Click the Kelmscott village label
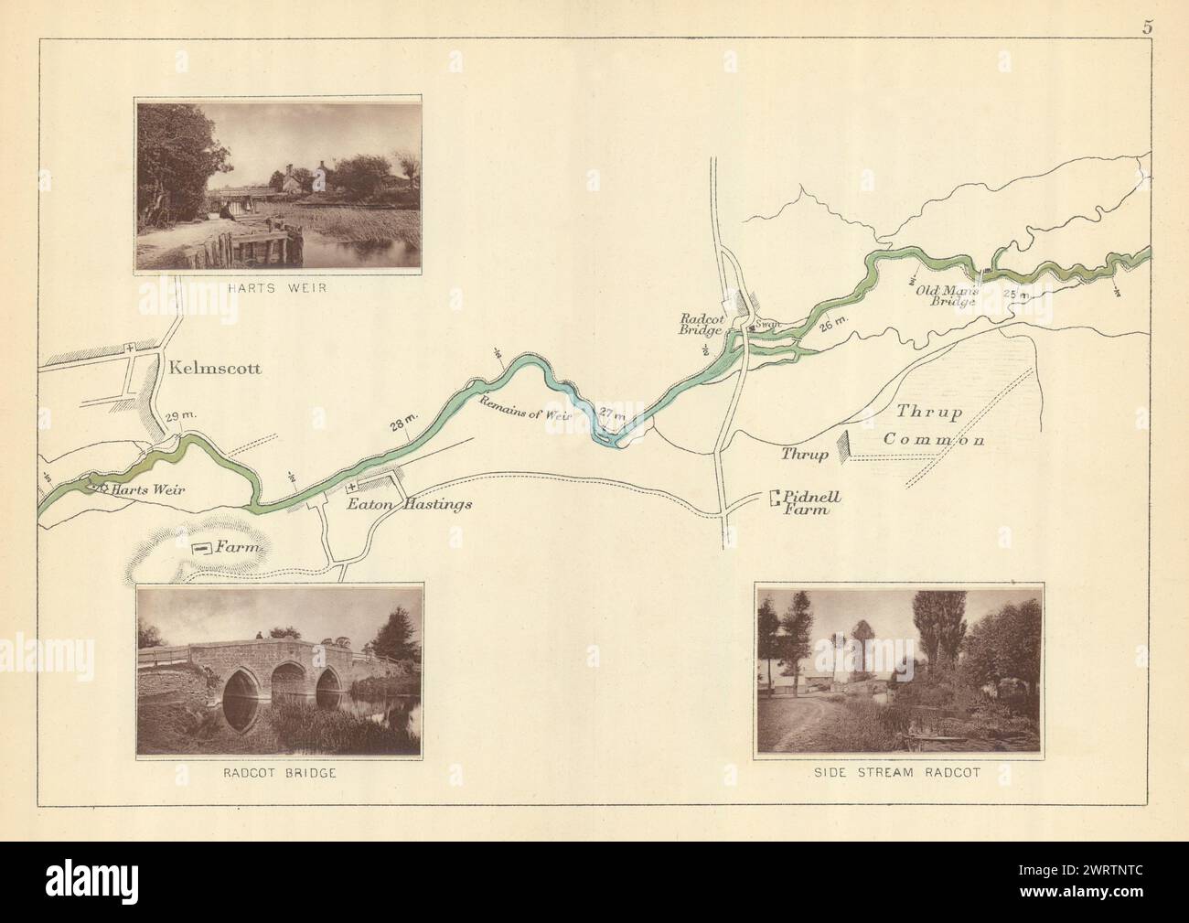click(215, 370)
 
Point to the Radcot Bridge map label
click(702, 324)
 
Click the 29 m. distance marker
click(181, 416)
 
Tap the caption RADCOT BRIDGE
click(280, 773)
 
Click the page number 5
click(1146, 26)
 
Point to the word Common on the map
click(933, 440)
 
